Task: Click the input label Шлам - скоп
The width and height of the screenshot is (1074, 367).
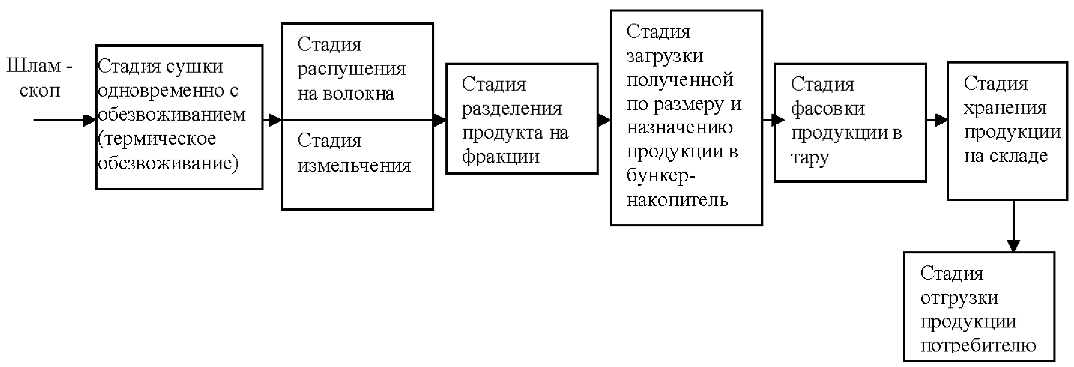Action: [x=40, y=79]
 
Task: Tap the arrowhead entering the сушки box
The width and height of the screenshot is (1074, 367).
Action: [x=90, y=120]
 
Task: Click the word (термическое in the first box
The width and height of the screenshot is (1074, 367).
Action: [x=157, y=139]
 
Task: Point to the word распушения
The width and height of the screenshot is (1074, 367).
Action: [x=351, y=69]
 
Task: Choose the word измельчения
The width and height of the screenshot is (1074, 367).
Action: [x=354, y=165]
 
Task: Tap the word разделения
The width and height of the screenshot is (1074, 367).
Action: [x=511, y=109]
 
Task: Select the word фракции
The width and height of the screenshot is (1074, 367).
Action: [x=500, y=157]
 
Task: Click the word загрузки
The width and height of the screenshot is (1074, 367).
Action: [x=665, y=56]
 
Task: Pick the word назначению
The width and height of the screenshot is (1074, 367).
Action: [x=680, y=128]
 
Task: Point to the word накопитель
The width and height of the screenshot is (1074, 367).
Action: [x=677, y=200]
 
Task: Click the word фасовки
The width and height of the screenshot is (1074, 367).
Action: [x=828, y=109]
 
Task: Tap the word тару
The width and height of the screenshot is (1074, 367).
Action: [x=810, y=158]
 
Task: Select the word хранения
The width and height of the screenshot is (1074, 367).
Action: [x=1005, y=108]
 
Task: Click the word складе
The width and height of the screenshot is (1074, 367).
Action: [x=1022, y=156]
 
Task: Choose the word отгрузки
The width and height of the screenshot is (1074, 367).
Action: [x=959, y=298]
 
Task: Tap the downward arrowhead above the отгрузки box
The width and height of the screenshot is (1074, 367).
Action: [x=1013, y=246]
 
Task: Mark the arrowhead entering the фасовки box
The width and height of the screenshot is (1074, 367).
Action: [x=778, y=120]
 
